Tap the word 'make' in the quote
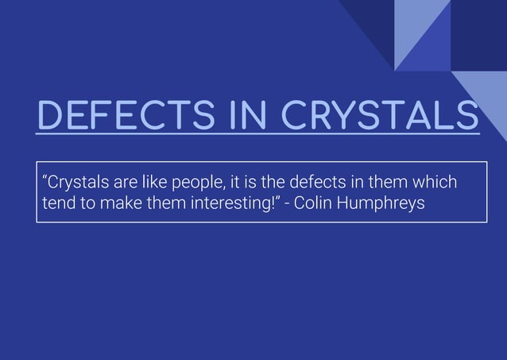point(120,203)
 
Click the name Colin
point(313,203)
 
